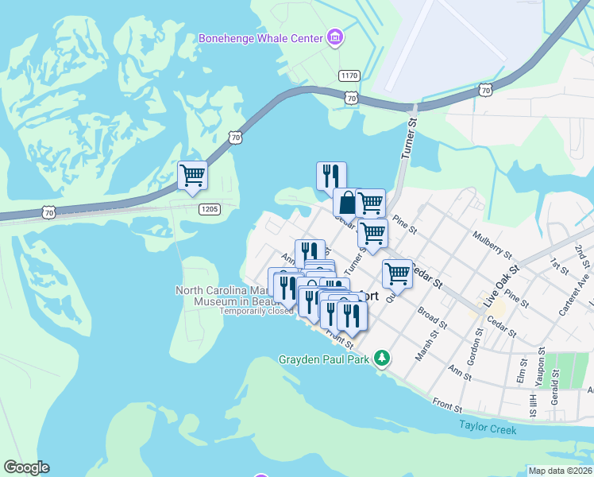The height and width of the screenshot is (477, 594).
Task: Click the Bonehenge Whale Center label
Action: click(x=260, y=38)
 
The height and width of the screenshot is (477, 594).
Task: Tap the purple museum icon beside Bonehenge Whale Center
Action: click(x=335, y=37)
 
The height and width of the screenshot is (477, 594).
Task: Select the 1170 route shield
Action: click(x=348, y=76)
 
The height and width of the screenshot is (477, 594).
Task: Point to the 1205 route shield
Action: click(x=208, y=207)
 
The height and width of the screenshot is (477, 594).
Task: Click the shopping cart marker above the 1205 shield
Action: click(x=193, y=176)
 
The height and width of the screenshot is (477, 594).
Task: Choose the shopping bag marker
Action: click(x=347, y=204)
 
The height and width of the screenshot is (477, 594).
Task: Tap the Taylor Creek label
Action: click(x=488, y=429)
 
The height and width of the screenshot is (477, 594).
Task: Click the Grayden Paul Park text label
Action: click(x=326, y=359)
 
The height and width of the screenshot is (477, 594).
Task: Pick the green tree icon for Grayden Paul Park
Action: click(x=383, y=358)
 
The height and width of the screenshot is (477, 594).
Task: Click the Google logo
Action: click(x=26, y=467)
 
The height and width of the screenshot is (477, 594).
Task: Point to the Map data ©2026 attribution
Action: click(x=559, y=471)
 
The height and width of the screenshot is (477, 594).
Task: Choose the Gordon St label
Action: click(x=477, y=343)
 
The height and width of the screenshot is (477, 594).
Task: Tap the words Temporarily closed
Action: click(x=256, y=311)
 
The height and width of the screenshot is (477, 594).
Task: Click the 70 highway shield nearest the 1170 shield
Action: click(x=351, y=97)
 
